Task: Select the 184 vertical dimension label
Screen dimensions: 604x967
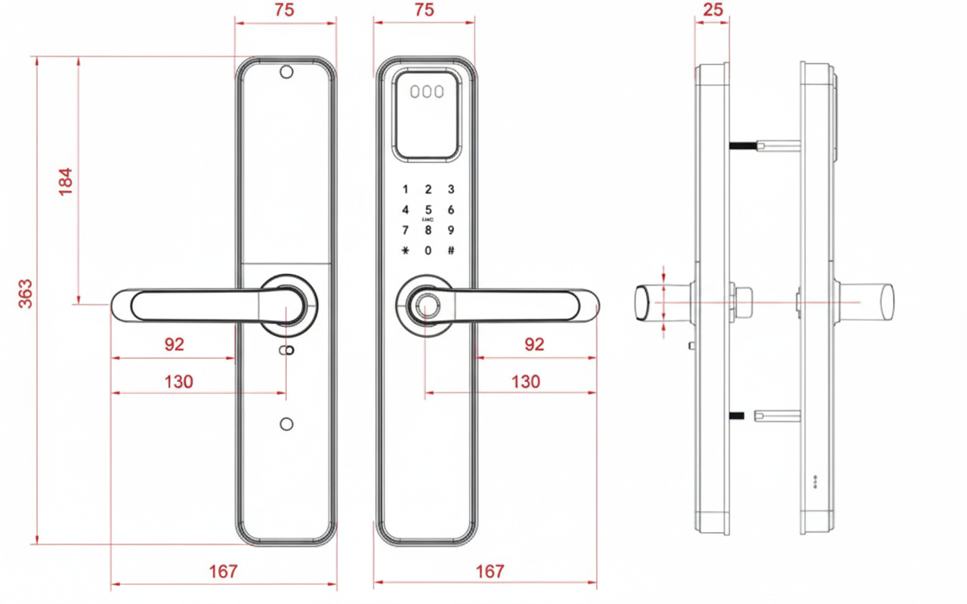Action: click(x=66, y=182)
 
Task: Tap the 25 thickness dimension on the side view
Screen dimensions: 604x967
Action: click(x=712, y=10)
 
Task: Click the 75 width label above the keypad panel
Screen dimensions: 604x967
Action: click(x=425, y=10)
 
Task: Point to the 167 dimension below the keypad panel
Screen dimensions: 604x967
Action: click(x=490, y=572)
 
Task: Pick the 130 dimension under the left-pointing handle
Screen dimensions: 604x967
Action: click(x=179, y=382)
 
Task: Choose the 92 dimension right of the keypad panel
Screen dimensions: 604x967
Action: click(x=534, y=344)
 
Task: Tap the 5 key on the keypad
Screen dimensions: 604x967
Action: click(x=428, y=210)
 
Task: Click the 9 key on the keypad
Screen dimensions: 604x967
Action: click(x=451, y=230)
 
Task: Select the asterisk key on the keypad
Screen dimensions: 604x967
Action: click(x=406, y=251)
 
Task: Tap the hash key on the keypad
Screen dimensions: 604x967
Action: click(x=451, y=251)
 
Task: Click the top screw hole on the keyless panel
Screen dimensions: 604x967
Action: click(x=286, y=72)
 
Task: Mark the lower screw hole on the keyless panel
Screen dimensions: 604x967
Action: click(x=286, y=424)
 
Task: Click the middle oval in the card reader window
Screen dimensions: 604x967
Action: click(x=427, y=92)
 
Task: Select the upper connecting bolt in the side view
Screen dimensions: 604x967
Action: click(x=763, y=143)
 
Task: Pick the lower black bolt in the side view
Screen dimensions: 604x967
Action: click(x=738, y=414)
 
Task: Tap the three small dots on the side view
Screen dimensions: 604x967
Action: click(x=816, y=479)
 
